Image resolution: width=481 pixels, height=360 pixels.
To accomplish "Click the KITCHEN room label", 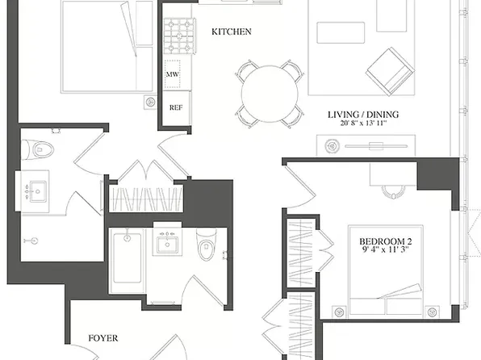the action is [x=232, y=31].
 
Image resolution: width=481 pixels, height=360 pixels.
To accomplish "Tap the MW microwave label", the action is [x=173, y=74].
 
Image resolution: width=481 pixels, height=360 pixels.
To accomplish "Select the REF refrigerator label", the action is [x=176, y=107].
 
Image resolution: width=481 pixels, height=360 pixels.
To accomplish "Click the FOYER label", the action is [x=103, y=338].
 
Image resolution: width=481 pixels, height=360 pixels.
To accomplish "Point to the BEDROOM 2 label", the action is [x=385, y=241].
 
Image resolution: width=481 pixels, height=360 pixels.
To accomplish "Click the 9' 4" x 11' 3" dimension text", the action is [x=385, y=249].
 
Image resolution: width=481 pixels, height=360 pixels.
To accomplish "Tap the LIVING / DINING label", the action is [x=363, y=115].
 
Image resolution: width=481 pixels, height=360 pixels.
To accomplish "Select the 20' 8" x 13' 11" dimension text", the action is [x=363, y=123].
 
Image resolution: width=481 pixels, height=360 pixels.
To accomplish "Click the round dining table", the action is [x=270, y=94].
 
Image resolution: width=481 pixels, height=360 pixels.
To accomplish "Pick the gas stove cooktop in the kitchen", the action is [x=179, y=36].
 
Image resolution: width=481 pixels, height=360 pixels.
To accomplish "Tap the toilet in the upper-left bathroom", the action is [x=39, y=150].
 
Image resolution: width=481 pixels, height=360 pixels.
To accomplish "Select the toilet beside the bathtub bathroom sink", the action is [x=207, y=245].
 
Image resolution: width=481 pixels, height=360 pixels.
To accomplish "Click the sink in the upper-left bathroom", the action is [x=38, y=191].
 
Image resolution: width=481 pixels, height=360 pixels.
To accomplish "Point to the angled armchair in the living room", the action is [x=390, y=72].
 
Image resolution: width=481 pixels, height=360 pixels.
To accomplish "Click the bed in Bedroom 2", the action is [x=386, y=270].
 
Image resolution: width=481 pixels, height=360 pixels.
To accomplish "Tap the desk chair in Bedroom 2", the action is [x=393, y=192].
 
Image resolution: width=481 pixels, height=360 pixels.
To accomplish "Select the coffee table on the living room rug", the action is [x=341, y=32].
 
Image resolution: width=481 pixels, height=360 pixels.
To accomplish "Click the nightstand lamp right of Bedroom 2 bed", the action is [x=432, y=312].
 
